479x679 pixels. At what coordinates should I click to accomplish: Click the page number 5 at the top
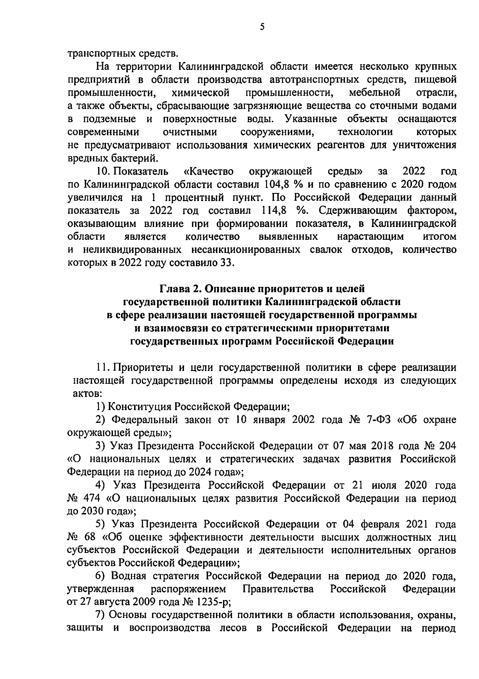coord(262,27)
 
